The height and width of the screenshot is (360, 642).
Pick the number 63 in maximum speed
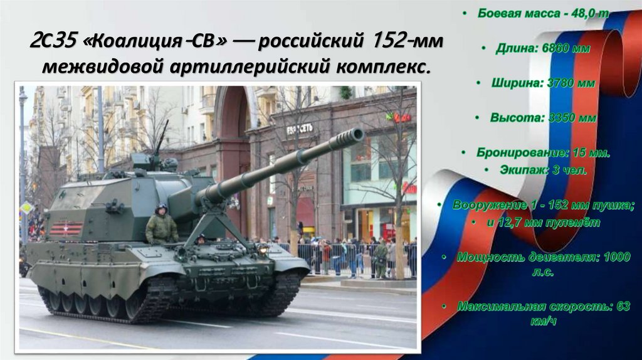(623, 307)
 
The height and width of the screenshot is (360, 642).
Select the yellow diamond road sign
(26, 208)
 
